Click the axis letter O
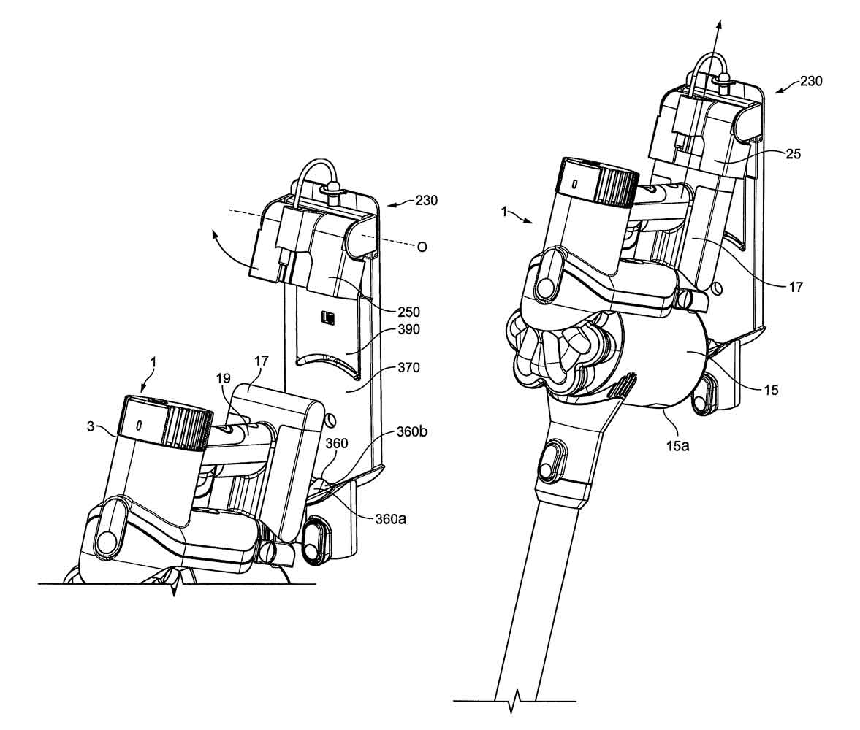click(x=422, y=247)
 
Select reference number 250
click(x=408, y=312)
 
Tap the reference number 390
click(x=408, y=329)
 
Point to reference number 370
click(x=408, y=367)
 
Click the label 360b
click(x=411, y=431)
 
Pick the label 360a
click(x=390, y=518)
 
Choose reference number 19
click(x=223, y=379)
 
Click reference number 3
click(x=91, y=426)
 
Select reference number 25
click(x=793, y=154)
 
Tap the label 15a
click(x=677, y=445)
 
